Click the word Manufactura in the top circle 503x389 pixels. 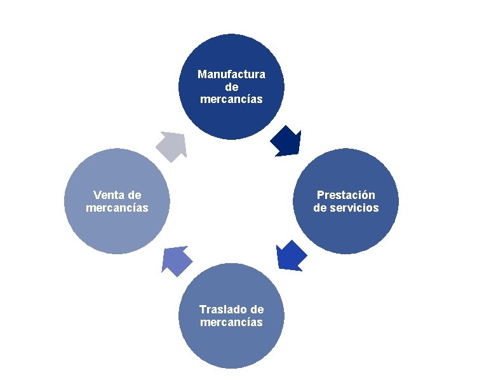point(231,74)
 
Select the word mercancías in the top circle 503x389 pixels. point(231,99)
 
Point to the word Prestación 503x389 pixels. point(346,195)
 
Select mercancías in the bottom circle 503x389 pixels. point(231,322)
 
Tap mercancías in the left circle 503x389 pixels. point(117,208)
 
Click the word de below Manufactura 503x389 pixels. point(231,86)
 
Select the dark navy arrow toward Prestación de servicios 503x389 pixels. point(286,141)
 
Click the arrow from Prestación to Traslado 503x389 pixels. point(292,255)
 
